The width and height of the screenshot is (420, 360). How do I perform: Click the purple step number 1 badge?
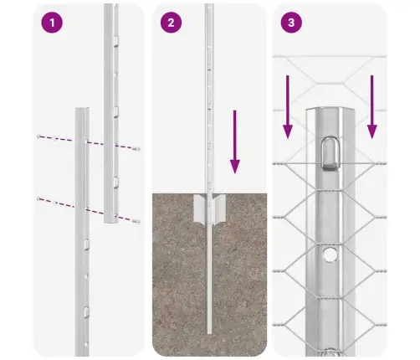click(53, 23)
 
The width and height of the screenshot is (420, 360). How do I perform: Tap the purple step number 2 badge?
click(171, 23)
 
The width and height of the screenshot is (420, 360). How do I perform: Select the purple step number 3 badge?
click(289, 23)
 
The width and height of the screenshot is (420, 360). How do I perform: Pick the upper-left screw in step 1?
click(38, 136)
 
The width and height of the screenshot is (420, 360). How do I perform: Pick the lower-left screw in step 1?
click(38, 198)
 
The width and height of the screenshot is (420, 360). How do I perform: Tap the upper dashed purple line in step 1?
click(87, 142)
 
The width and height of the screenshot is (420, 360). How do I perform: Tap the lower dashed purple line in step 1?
click(87, 208)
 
